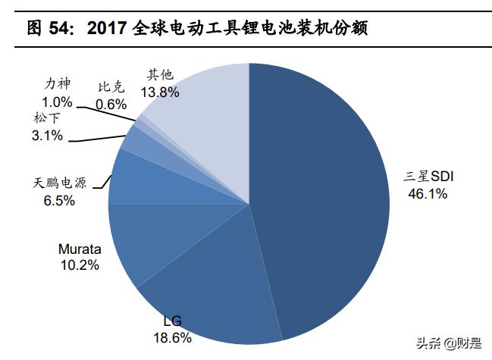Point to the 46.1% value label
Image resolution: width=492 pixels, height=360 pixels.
coord(428,194)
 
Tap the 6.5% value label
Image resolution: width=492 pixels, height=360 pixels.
coord(60,201)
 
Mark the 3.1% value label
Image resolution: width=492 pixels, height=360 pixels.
coord(48,136)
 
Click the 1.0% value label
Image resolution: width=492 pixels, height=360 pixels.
coord(58,102)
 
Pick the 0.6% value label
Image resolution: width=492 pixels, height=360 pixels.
coord(111,105)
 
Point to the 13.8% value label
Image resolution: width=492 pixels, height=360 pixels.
coord(160,92)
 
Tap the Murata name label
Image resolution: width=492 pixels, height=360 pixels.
coord(80,249)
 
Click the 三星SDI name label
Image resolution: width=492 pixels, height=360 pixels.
coord(428,177)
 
